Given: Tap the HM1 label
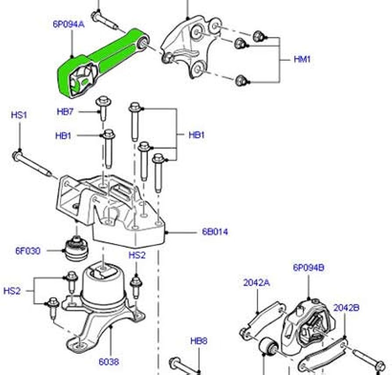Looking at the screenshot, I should pos(302,59).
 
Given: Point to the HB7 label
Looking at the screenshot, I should pos(65,112).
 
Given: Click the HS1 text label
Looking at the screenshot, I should pos(19,115).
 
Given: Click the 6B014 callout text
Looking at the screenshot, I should pos(215,232).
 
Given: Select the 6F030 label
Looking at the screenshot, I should pos(28,251).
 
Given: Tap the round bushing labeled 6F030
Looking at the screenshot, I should pos(77,247).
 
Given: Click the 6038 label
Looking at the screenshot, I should pos(108,361).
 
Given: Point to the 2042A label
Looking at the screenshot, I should pos(257,283).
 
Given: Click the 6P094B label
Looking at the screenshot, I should pos(309,268).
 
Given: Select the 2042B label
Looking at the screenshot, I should pos(346,308).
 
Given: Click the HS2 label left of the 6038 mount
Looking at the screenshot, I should pos(12,290).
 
